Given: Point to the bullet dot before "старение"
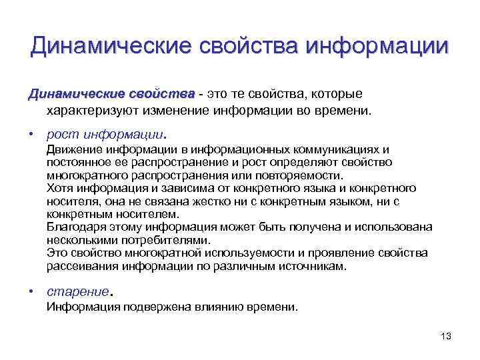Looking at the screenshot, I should click(31, 291).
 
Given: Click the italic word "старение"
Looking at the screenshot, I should click(77, 291).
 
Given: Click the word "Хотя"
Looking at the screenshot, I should click(59, 189).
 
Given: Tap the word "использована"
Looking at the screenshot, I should click(397, 227).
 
